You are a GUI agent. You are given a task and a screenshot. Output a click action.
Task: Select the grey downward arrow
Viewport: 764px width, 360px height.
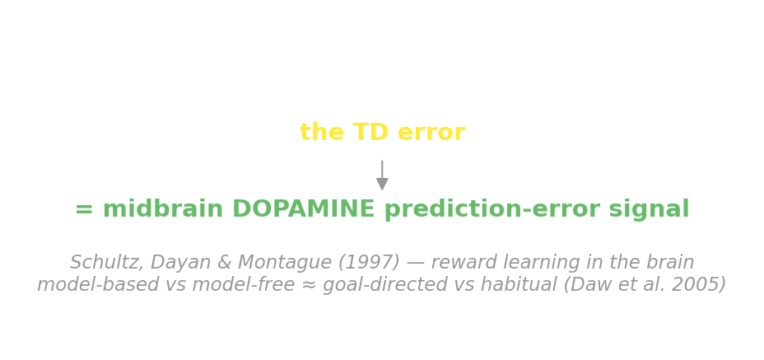click(x=382, y=175)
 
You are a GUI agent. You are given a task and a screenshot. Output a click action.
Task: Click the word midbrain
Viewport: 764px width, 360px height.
click(x=163, y=208)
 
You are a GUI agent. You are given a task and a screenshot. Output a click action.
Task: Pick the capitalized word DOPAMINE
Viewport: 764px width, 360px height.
click(x=304, y=208)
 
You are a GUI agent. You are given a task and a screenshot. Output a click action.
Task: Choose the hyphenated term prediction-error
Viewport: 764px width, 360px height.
click(x=492, y=209)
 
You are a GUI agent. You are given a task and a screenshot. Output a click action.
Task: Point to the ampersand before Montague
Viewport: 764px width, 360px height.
click(x=224, y=263)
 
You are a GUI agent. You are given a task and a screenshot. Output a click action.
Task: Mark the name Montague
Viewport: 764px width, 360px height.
click(x=285, y=264)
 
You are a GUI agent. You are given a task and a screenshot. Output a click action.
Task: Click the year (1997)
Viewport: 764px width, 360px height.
click(x=369, y=263)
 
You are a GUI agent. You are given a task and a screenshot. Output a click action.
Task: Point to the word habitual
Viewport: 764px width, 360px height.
click(x=529, y=284)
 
